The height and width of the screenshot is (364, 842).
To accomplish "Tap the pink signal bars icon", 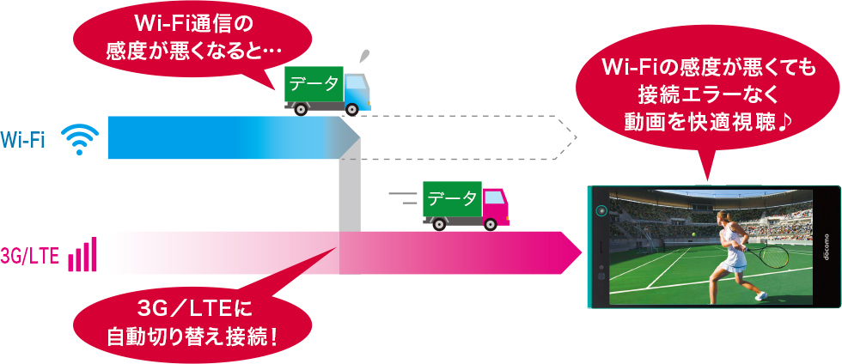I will pyautogui.click(x=82, y=254).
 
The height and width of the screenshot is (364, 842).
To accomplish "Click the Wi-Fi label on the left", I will pyautogui.click(x=23, y=138).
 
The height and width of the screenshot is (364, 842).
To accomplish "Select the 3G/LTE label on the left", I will pyautogui.click(x=30, y=256).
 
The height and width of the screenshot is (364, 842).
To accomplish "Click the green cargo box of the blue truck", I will pyautogui.click(x=314, y=84).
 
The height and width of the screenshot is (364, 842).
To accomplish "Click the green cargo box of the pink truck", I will pyautogui.click(x=452, y=199).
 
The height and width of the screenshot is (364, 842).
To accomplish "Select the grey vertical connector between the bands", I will pyautogui.click(x=350, y=193).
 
